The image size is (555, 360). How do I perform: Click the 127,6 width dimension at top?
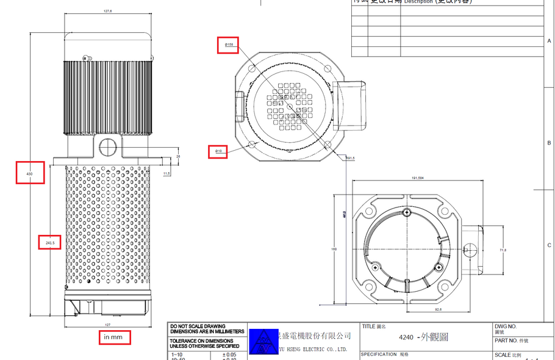click(x=108, y=10)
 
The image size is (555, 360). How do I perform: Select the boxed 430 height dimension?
click(x=30, y=173)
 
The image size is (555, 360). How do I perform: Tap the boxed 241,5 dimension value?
click(x=50, y=243)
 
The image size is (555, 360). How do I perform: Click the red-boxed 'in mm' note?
click(x=114, y=337)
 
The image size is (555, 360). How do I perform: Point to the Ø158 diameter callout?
click(x=229, y=45)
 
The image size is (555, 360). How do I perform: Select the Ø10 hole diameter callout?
click(x=218, y=150)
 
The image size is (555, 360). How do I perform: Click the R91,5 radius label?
click(x=350, y=158)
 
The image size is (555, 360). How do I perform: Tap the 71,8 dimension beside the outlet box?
click(x=503, y=250)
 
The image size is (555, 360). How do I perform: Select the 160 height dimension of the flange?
click(x=334, y=250)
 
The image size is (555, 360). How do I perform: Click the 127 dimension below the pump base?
click(x=107, y=325)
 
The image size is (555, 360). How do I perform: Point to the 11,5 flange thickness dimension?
click(x=167, y=174)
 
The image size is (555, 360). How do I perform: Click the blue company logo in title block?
click(x=263, y=342)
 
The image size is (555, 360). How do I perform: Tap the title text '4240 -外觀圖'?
click(x=423, y=337)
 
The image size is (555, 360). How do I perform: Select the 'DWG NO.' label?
click(x=505, y=327)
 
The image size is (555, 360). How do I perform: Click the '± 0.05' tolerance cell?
click(x=229, y=355)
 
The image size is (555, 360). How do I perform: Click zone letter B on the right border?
click(x=549, y=143)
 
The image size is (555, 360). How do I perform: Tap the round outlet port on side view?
click(x=107, y=146)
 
